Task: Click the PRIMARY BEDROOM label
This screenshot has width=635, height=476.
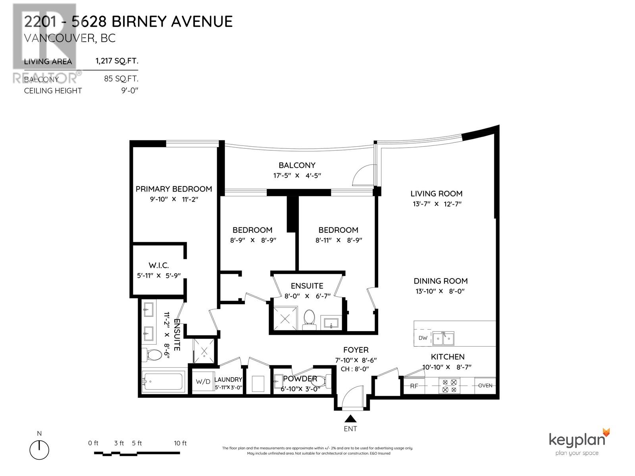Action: (x=173, y=189)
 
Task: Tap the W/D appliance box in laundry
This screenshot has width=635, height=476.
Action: (x=203, y=382)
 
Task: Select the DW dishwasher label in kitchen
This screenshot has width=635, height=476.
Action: (x=423, y=338)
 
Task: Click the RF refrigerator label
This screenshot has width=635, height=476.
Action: (x=414, y=386)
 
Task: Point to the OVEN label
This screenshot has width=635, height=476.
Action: (x=485, y=386)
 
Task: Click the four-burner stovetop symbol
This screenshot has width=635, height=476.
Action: (x=449, y=386)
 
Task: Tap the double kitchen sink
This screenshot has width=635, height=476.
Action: (x=443, y=338)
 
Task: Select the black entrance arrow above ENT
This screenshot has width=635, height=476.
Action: (x=350, y=418)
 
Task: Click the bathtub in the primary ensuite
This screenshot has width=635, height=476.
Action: (x=164, y=382)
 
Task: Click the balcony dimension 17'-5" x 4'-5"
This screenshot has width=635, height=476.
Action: (x=296, y=175)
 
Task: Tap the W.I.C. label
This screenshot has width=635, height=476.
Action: (x=159, y=265)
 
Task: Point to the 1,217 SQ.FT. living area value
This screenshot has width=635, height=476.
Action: (x=116, y=61)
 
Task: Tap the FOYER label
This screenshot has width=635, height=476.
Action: (x=356, y=350)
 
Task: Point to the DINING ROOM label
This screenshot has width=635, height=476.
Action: (x=441, y=281)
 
